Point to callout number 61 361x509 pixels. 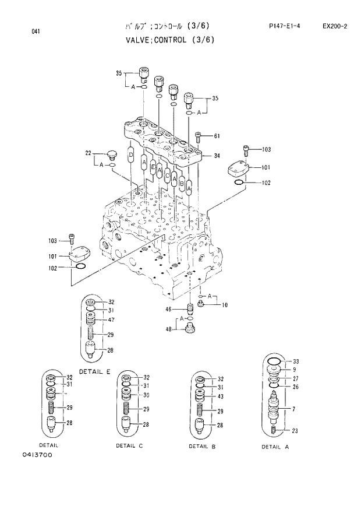coord(217,136)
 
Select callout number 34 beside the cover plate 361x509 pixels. coord(217,156)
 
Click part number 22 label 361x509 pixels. coord(89,153)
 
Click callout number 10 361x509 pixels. coord(225,305)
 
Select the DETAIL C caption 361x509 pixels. coord(129,445)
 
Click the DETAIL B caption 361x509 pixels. coord(202,446)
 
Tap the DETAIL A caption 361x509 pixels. coord(275,447)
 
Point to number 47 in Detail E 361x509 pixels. coord(110,320)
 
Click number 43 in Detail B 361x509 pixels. coord(220,397)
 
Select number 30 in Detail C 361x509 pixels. coord(147,395)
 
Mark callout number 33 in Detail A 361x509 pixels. coord(296,361)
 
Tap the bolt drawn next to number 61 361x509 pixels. coord(198,138)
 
